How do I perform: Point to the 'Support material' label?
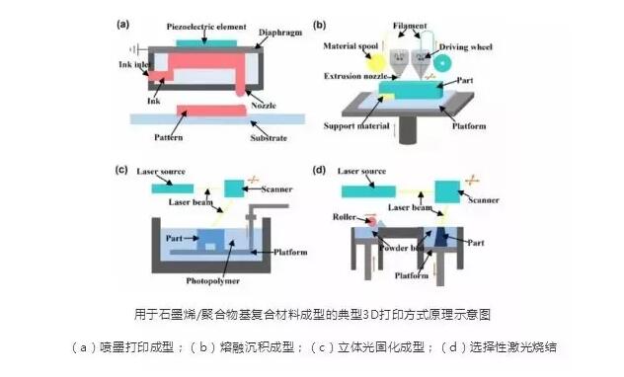pyautogui.click(x=351, y=127)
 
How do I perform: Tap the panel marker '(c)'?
pyautogui.click(x=123, y=171)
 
